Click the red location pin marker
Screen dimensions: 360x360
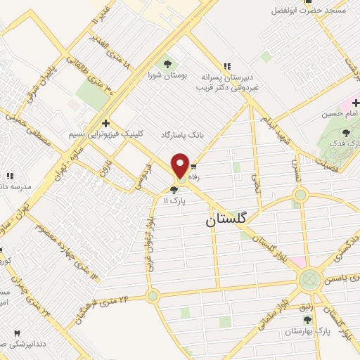point(181,165)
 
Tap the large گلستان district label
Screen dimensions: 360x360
point(226,219)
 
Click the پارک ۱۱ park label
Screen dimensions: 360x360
point(172,200)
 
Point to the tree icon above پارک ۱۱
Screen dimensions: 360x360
point(174,189)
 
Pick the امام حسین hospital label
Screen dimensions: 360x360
point(340,113)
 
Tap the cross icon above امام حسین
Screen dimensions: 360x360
point(356,103)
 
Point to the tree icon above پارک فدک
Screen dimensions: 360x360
point(345,132)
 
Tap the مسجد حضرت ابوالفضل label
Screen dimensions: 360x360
point(313,10)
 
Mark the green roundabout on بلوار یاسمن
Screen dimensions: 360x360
point(309,279)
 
